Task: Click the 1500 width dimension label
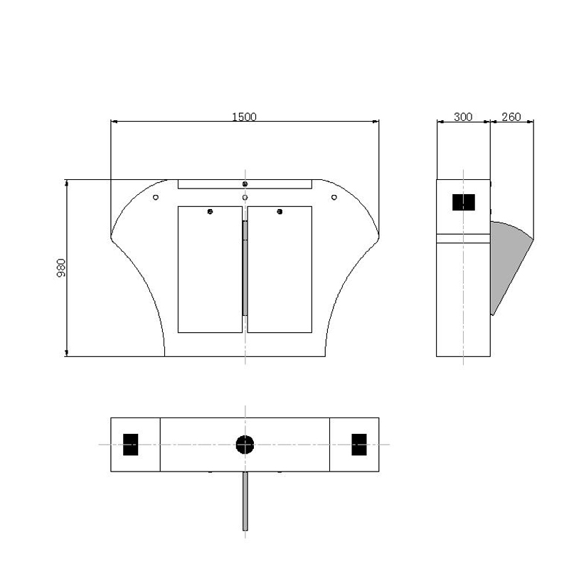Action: coord(244,117)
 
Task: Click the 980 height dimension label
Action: coord(61,268)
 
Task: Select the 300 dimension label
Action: coord(463,117)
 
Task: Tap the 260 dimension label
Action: coord(511,117)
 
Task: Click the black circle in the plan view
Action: coord(245,445)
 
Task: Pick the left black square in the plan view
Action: coord(131,445)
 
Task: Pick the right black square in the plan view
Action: coord(359,445)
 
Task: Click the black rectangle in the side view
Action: coord(464,202)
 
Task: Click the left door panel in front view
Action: coord(210,270)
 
